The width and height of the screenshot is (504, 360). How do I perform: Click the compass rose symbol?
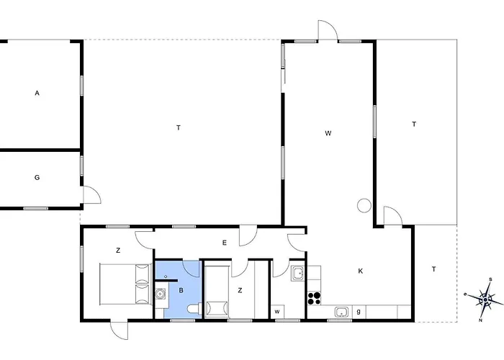[x=485, y=300]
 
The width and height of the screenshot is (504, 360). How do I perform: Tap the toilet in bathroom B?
[x=194, y=309]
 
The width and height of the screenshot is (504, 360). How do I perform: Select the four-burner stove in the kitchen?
[x=314, y=298]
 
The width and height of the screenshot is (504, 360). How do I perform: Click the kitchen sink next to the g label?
[x=341, y=312]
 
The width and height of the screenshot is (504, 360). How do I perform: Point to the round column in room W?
[x=364, y=205]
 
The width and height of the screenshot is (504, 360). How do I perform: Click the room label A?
[x=37, y=93]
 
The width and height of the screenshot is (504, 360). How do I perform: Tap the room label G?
[x=37, y=177]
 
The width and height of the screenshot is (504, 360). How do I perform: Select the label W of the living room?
[x=328, y=133]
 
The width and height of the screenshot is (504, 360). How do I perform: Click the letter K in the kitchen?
[x=360, y=271]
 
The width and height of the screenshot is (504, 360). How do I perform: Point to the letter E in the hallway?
[x=225, y=243]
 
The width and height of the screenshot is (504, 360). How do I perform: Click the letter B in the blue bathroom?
[x=181, y=291]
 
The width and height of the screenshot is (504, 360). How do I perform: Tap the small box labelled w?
[x=277, y=312]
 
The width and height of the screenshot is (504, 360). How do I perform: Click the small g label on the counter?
[x=359, y=312]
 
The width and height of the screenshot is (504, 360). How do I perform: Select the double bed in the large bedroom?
[x=125, y=284]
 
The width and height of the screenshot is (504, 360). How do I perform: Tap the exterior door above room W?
[x=328, y=30]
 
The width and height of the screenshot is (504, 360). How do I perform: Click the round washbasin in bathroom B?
[x=161, y=294]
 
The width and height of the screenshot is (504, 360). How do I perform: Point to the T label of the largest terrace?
[x=179, y=128]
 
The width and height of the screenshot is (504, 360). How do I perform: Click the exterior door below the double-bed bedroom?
[x=119, y=330]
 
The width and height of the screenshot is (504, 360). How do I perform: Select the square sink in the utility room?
[x=298, y=273]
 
